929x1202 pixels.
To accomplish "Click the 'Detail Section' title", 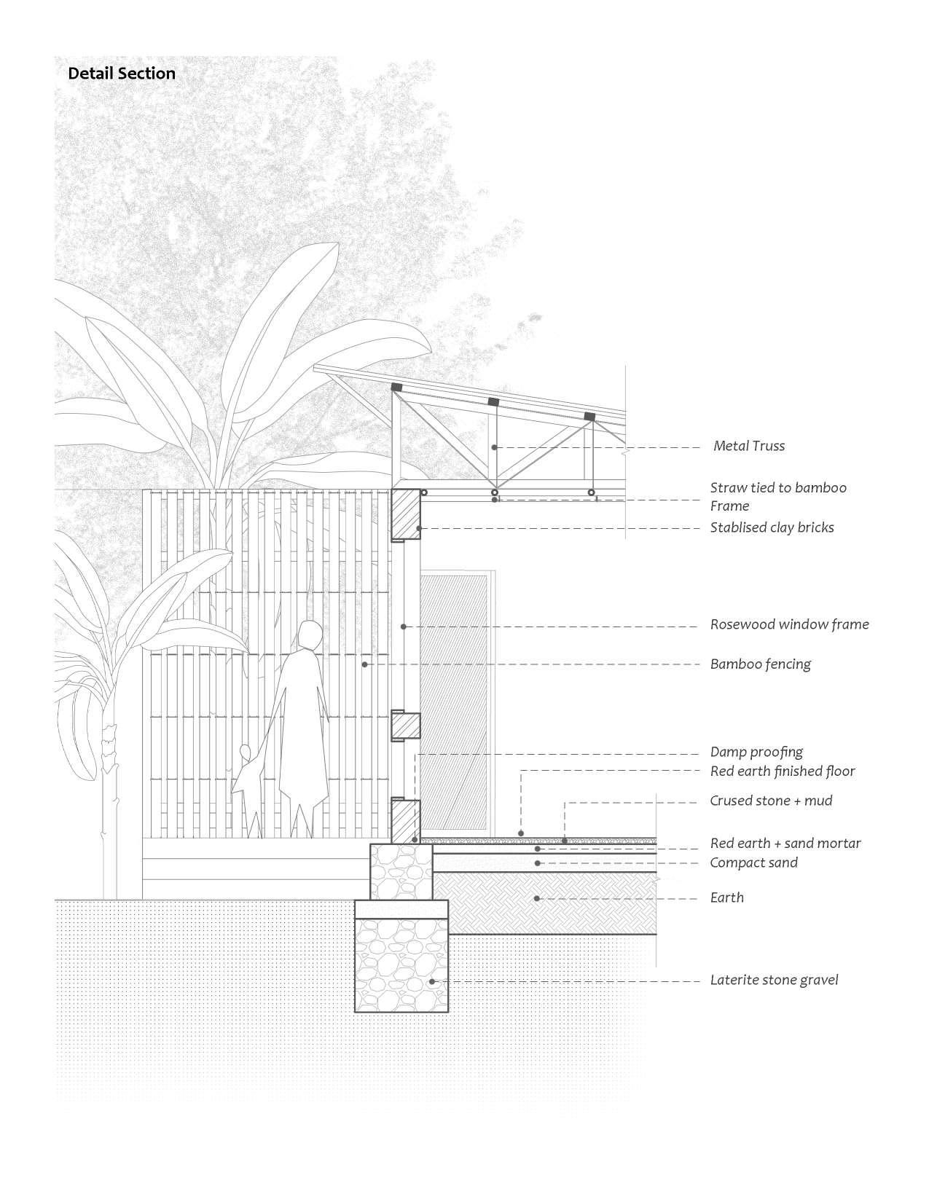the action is point(122,74).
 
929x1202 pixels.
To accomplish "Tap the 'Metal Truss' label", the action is point(749,446).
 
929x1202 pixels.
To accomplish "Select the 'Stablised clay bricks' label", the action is point(772,527).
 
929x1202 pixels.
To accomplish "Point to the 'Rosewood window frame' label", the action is point(789,624).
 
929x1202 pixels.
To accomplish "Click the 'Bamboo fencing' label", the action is point(760,664).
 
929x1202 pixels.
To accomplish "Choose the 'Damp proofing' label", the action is point(756,752).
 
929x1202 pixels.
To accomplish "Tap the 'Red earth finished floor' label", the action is point(783,771).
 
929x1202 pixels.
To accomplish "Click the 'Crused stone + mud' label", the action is point(771,801).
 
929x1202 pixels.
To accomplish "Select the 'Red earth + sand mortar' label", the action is point(785,843).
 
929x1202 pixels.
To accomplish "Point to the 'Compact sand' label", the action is point(753,863).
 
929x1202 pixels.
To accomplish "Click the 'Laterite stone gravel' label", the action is point(774,980).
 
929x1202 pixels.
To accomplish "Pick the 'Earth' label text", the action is point(726,897).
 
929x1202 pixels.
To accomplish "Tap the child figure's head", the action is point(246,753).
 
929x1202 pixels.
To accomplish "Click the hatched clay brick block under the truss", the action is point(406,514).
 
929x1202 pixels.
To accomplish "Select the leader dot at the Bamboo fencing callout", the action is point(364,664).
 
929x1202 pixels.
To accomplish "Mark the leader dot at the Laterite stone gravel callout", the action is point(432,981).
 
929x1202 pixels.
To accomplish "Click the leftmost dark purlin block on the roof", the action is point(396,387).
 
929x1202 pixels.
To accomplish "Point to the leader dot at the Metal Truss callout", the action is point(495,447).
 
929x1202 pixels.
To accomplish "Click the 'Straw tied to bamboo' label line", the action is point(778,487).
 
